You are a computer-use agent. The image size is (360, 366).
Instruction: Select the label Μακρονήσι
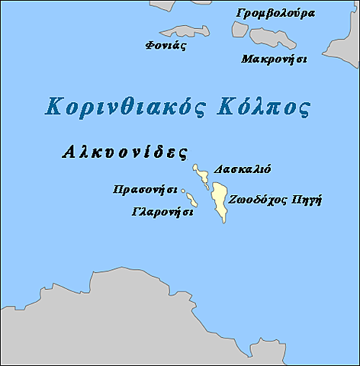[x=274, y=59]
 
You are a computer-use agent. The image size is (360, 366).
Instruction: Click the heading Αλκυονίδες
[x=124, y=151]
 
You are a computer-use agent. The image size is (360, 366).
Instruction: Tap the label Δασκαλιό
[x=243, y=169]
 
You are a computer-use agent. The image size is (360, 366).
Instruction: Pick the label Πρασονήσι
[x=144, y=188]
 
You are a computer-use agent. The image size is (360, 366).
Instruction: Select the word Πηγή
[x=306, y=201]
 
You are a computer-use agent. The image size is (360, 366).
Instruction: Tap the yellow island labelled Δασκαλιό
[x=202, y=175]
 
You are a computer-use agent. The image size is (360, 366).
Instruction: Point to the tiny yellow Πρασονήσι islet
[x=183, y=192]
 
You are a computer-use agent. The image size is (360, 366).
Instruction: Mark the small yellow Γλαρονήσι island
[x=191, y=201]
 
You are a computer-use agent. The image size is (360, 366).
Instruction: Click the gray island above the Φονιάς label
[x=184, y=32]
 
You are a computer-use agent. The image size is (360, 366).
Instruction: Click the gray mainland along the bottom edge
[x=153, y=320]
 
